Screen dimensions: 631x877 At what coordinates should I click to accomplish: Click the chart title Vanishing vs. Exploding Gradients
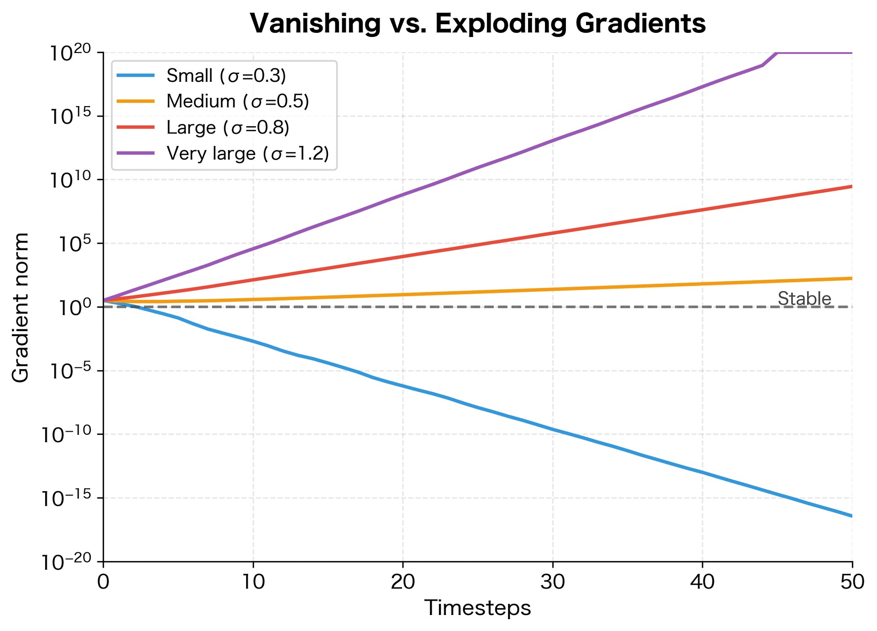[x=478, y=24]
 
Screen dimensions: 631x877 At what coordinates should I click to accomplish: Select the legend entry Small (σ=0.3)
[x=226, y=76]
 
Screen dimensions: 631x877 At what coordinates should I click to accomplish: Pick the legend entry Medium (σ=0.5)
[x=238, y=102]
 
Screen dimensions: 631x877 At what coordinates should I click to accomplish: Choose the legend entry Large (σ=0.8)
[x=228, y=128]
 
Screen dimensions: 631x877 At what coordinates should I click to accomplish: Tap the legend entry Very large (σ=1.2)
[x=247, y=154]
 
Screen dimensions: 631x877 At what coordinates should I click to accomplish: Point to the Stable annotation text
[x=804, y=299]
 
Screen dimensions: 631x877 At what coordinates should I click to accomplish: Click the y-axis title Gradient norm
[x=21, y=307]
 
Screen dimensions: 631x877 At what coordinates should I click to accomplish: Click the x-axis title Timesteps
[x=478, y=608]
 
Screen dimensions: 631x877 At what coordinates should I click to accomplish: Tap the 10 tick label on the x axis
[x=253, y=582]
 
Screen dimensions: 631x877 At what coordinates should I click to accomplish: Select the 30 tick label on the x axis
[x=553, y=582]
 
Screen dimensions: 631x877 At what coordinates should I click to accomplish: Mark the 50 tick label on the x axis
[x=852, y=582]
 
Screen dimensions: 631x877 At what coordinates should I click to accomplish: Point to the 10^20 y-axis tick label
[x=71, y=53]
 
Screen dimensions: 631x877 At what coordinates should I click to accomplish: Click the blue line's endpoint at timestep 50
[x=852, y=516]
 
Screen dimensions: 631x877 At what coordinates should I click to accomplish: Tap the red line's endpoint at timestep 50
[x=852, y=186]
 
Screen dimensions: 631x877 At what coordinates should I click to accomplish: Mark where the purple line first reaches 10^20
[x=777, y=53]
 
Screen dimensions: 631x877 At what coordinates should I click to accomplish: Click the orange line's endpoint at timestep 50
[x=852, y=278]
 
